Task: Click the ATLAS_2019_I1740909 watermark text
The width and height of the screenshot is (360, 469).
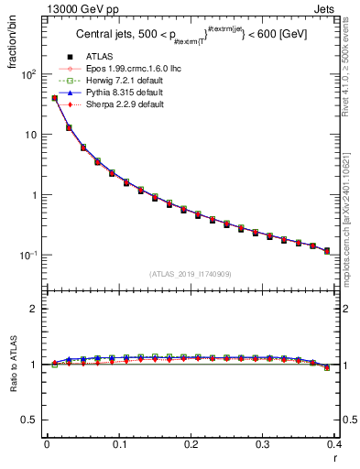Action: click(x=191, y=273)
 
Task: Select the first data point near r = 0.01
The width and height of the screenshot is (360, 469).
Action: click(x=54, y=98)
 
